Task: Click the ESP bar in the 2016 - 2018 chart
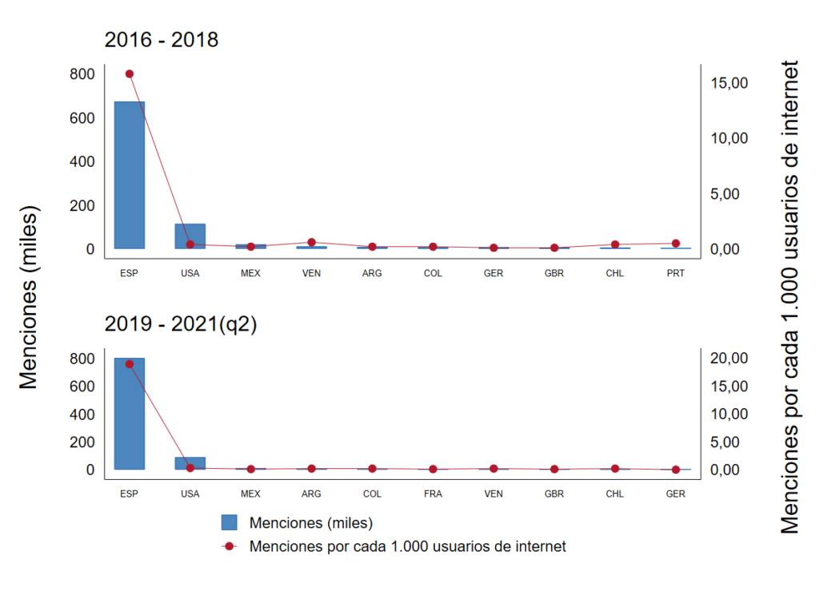[129, 175]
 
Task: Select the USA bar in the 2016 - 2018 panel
[190, 236]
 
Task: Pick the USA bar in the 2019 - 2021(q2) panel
[190, 463]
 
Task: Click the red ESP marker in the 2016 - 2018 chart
[129, 73]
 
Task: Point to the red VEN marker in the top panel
[311, 242]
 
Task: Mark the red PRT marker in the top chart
[676, 244]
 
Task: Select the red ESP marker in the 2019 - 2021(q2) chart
[129, 364]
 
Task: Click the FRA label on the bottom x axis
[433, 494]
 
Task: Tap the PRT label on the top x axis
[676, 273]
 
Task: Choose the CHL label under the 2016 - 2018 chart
[615, 273]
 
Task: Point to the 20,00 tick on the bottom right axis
[728, 359]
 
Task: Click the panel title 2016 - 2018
[162, 39]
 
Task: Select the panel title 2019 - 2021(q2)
[181, 325]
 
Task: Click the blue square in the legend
[230, 523]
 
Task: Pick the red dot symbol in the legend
[230, 547]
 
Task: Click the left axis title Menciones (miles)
[29, 298]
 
